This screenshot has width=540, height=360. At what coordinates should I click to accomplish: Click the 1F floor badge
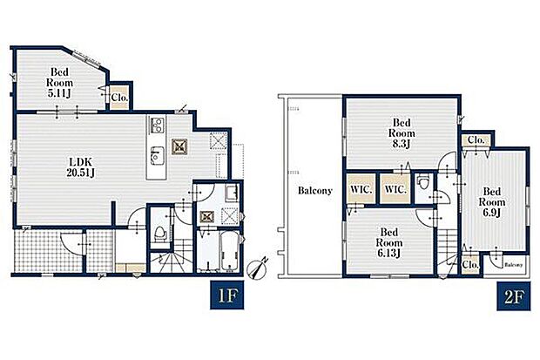pyautogui.click(x=227, y=295)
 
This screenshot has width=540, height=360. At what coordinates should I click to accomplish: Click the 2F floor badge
pyautogui.click(x=514, y=296)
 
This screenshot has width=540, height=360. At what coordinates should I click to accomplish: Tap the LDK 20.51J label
pyautogui.click(x=81, y=167)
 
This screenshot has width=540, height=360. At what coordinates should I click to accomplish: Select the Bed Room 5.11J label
pyautogui.click(x=59, y=83)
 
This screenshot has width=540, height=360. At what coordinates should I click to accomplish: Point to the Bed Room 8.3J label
pyautogui.click(x=402, y=133)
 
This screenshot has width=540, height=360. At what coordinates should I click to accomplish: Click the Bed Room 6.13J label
pyautogui.click(x=388, y=242)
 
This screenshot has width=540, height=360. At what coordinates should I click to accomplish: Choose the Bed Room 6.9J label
pyautogui.click(x=492, y=201)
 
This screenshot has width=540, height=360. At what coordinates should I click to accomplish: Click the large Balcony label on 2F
pyautogui.click(x=315, y=191)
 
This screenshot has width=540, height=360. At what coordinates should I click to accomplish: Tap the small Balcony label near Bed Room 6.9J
pyautogui.click(x=514, y=265)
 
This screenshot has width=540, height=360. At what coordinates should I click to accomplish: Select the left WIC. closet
pyautogui.click(x=361, y=189)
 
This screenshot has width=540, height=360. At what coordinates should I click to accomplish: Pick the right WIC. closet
pyautogui.click(x=395, y=189)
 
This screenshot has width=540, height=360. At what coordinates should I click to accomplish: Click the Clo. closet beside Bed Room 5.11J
pyautogui.click(x=119, y=98)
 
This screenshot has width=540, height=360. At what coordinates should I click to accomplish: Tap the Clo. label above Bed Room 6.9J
pyautogui.click(x=476, y=140)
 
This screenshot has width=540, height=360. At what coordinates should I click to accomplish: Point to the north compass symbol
pyautogui.click(x=257, y=268)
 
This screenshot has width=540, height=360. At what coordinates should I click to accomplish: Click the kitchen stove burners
pyautogui.click(x=157, y=126)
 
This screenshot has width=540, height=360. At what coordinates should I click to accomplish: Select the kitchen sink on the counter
pyautogui.click(x=157, y=155)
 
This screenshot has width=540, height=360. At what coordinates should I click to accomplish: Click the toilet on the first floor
pyautogui.click(x=159, y=234)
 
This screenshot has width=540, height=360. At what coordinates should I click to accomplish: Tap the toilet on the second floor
pyautogui.click(x=422, y=181)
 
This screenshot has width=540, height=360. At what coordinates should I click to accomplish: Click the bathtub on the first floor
pyautogui.click(x=229, y=251)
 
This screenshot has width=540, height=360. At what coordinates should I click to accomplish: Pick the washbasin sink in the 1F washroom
pyautogui.click(x=232, y=193)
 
